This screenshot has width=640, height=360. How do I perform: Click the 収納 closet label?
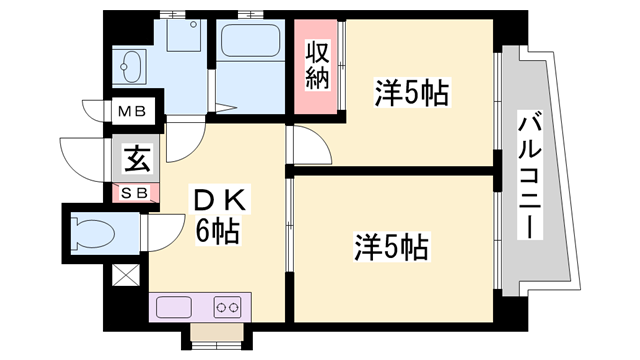pos(318,65)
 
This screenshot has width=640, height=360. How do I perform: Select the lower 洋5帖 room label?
pos(391,246)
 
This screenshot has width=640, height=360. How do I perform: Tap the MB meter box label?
pos(131,112)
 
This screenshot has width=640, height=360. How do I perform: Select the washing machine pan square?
pos(182,39)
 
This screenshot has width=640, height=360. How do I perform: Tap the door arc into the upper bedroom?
pos(310,148)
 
